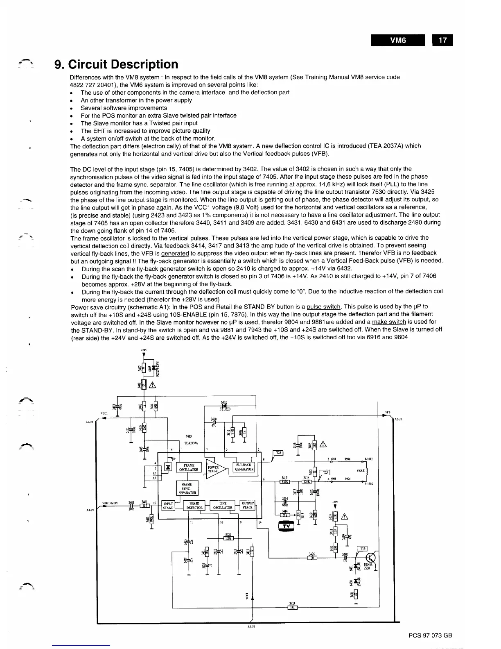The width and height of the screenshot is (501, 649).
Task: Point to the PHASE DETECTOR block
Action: tap(194, 506)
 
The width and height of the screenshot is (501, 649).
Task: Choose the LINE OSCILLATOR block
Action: tap(223, 506)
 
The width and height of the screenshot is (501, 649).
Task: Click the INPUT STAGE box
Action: tap(168, 506)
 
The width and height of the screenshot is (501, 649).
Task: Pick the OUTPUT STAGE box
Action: tap(248, 506)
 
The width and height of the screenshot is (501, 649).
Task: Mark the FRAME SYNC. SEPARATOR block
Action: tap(187, 488)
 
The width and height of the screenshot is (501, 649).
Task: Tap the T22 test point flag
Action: tap(278, 452)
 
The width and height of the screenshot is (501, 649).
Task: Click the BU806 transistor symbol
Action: tap(371, 559)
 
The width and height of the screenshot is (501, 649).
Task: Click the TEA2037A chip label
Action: tap(191, 442)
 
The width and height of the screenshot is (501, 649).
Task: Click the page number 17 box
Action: tap(442, 41)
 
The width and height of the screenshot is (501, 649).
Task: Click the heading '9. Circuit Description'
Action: tap(117, 64)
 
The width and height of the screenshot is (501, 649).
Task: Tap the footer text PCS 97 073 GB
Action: tap(430, 635)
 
